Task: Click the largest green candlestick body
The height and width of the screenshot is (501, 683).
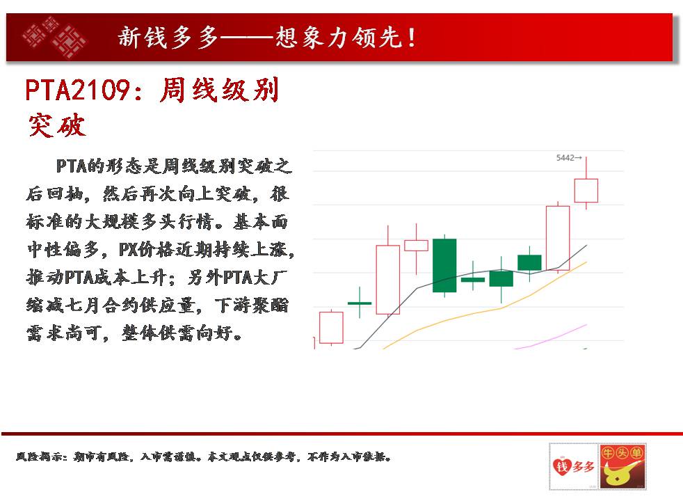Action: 444,265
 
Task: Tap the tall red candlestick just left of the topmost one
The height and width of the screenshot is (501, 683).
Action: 558,238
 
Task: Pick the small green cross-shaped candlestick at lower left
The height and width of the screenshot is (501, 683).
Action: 360,303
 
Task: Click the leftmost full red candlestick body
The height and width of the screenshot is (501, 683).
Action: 331,328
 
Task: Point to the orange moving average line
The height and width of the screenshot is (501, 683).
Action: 484,310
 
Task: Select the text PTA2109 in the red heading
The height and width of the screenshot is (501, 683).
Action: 77,90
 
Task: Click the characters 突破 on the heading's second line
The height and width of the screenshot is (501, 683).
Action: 56,125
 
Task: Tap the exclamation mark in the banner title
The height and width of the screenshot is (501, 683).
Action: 411,38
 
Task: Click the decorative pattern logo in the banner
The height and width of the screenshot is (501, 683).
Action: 54,37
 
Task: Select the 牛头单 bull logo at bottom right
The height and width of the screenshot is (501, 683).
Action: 622,466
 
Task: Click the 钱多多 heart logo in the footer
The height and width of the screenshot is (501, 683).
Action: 574,466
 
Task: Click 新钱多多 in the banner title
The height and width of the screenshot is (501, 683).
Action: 168,37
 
